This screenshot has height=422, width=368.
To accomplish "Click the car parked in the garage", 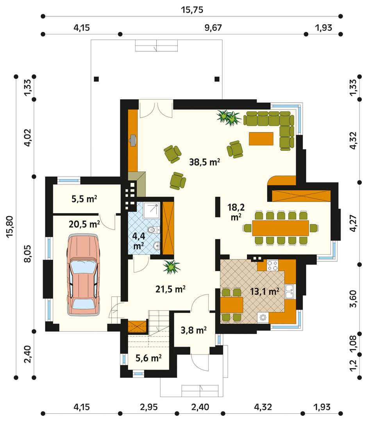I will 83,275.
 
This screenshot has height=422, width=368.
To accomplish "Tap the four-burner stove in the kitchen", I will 273,266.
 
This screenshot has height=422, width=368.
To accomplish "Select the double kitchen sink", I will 290,290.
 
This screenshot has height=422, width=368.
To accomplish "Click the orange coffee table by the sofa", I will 261,138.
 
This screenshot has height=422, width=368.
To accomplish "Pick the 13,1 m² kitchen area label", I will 264,291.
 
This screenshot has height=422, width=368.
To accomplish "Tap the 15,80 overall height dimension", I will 11,226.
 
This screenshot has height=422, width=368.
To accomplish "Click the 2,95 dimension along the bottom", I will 149,407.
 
